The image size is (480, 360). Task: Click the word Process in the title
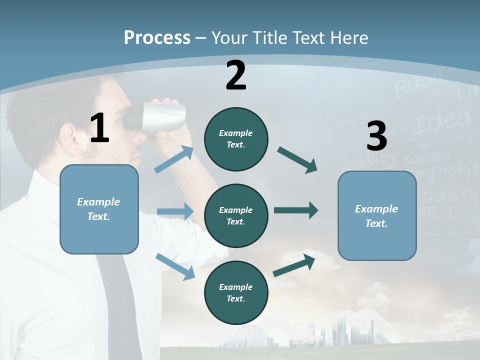[157, 37]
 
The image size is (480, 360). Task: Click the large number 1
[99, 128]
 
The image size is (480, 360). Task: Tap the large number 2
[236, 75]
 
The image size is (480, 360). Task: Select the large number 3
[376, 136]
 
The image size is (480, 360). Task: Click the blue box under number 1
[99, 209]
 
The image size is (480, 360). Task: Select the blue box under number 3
[377, 215]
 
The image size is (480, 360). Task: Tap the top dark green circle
[236, 139]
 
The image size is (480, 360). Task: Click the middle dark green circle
[236, 215]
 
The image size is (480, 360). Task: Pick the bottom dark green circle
[236, 292]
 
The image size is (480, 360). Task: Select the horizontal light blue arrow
[175, 211]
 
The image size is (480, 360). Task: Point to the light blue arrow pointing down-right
[175, 266]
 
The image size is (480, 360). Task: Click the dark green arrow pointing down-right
[297, 159]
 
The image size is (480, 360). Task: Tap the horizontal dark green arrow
[296, 210]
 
